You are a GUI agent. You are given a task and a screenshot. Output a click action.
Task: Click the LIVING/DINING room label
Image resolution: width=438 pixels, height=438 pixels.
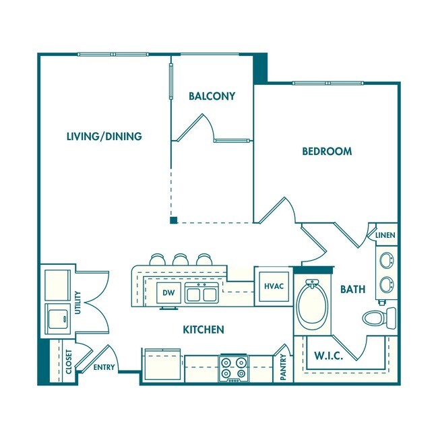click(x=104, y=136)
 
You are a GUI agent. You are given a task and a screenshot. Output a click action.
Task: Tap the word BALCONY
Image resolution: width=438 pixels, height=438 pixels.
click(x=212, y=96)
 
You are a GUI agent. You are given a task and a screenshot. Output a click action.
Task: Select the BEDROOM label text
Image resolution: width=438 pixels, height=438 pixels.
click(x=326, y=152)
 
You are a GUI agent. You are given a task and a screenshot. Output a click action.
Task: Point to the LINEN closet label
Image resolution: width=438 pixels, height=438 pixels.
click(x=385, y=236)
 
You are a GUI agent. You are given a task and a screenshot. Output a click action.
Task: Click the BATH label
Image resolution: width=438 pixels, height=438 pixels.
click(x=352, y=289)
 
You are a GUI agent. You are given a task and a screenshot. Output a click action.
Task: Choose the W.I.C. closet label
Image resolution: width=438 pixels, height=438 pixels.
click(x=329, y=356)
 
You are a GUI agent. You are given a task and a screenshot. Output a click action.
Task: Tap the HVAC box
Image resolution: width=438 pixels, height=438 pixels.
click(x=273, y=286)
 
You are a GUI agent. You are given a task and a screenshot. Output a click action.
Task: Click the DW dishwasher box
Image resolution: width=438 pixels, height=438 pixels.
click(x=168, y=293)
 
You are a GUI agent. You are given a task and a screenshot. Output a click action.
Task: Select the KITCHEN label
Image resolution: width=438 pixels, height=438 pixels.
click(x=204, y=330)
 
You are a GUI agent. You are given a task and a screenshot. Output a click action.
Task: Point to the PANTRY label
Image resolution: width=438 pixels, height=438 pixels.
click(x=283, y=368)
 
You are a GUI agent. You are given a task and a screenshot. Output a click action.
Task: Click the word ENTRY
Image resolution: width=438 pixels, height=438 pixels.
click(x=104, y=367)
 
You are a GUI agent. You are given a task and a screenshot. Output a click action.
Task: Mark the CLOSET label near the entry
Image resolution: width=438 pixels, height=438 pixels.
click(x=69, y=363)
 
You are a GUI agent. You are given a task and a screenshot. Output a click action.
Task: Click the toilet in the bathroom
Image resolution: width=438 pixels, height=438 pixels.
click(x=380, y=317)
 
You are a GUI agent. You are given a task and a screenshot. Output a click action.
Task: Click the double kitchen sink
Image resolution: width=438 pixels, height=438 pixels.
click(x=200, y=293)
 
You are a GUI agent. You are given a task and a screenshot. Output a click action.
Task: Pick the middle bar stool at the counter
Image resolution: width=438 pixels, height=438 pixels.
click(x=180, y=259)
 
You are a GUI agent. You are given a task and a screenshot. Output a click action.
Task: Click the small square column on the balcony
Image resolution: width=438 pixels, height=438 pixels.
click(x=173, y=220)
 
